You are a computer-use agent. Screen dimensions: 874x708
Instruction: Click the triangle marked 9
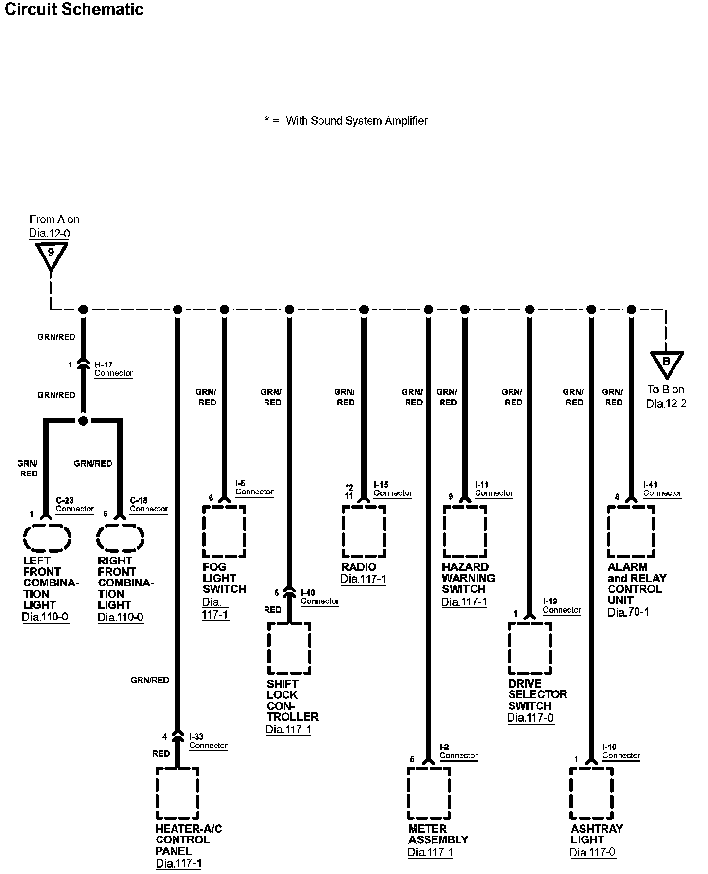[51, 255]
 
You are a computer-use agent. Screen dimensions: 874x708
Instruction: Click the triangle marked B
[667, 363]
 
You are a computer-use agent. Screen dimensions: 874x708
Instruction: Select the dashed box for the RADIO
[364, 531]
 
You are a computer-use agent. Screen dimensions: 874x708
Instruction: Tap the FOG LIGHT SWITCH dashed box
[224, 531]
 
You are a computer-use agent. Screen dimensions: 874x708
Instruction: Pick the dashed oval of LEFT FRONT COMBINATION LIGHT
[47, 538]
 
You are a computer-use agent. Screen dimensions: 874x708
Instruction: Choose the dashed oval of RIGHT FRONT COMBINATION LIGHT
[121, 538]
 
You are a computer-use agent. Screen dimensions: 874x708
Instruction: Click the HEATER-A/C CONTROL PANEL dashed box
[177, 793]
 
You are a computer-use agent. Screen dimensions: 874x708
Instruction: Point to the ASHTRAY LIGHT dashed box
[591, 793]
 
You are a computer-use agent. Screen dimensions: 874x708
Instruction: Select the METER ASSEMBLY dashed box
[429, 793]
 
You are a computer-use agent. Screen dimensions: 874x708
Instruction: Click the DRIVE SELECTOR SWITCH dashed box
[530, 648]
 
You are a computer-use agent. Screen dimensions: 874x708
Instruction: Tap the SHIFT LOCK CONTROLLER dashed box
[289, 648]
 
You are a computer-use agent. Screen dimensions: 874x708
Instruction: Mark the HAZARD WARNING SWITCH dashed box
[465, 531]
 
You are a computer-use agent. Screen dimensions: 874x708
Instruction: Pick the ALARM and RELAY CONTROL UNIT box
[631, 531]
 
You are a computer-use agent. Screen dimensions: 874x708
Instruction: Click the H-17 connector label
[113, 369]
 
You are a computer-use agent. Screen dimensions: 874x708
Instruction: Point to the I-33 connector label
[208, 741]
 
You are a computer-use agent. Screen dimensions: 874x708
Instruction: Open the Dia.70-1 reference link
[628, 612]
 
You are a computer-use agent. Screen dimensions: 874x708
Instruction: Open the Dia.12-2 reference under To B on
[666, 404]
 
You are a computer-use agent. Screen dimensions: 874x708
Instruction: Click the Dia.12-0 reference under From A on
[49, 233]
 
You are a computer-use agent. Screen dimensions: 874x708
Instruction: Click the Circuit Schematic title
[74, 10]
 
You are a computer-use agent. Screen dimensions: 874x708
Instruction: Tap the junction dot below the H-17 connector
[83, 420]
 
